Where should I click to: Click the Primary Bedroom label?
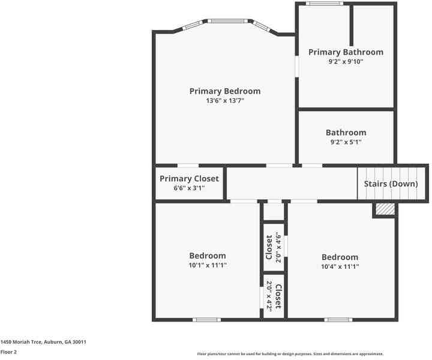[225, 91]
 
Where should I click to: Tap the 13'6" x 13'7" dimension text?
[225, 101]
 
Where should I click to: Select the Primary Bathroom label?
[346, 52]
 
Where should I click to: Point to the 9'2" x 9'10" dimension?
[346, 62]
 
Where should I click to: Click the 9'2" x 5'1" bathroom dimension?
[346, 142]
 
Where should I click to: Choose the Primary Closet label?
[189, 179]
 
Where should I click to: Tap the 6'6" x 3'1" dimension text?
[189, 188]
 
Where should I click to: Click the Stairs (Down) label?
[391, 184]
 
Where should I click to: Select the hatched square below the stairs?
[385, 209]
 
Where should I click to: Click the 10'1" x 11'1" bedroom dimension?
[208, 265]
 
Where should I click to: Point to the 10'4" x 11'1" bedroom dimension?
[340, 266]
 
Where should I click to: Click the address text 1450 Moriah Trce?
[43, 342]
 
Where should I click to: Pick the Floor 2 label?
[8, 352]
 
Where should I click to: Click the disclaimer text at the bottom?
[290, 354]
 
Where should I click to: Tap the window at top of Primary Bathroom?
[324, 4]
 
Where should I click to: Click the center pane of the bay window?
[227, 21]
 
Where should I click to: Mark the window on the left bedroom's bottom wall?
[206, 320]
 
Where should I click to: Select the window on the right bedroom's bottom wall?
[338, 320]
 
